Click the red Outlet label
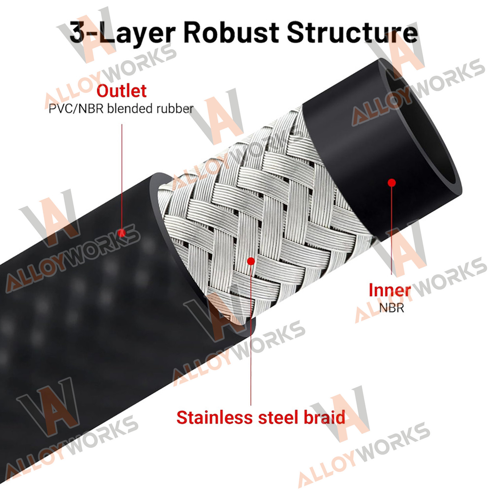pos(122,91)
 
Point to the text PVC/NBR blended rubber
pos(121,109)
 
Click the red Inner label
pos(390,290)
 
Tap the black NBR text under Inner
pos(391,308)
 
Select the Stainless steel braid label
pos(261,418)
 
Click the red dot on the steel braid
pos(251,261)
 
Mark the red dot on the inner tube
pos(392,182)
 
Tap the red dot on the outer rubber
pos(122,233)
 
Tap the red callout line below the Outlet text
pos(122,177)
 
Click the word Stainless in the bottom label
pos(215,418)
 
